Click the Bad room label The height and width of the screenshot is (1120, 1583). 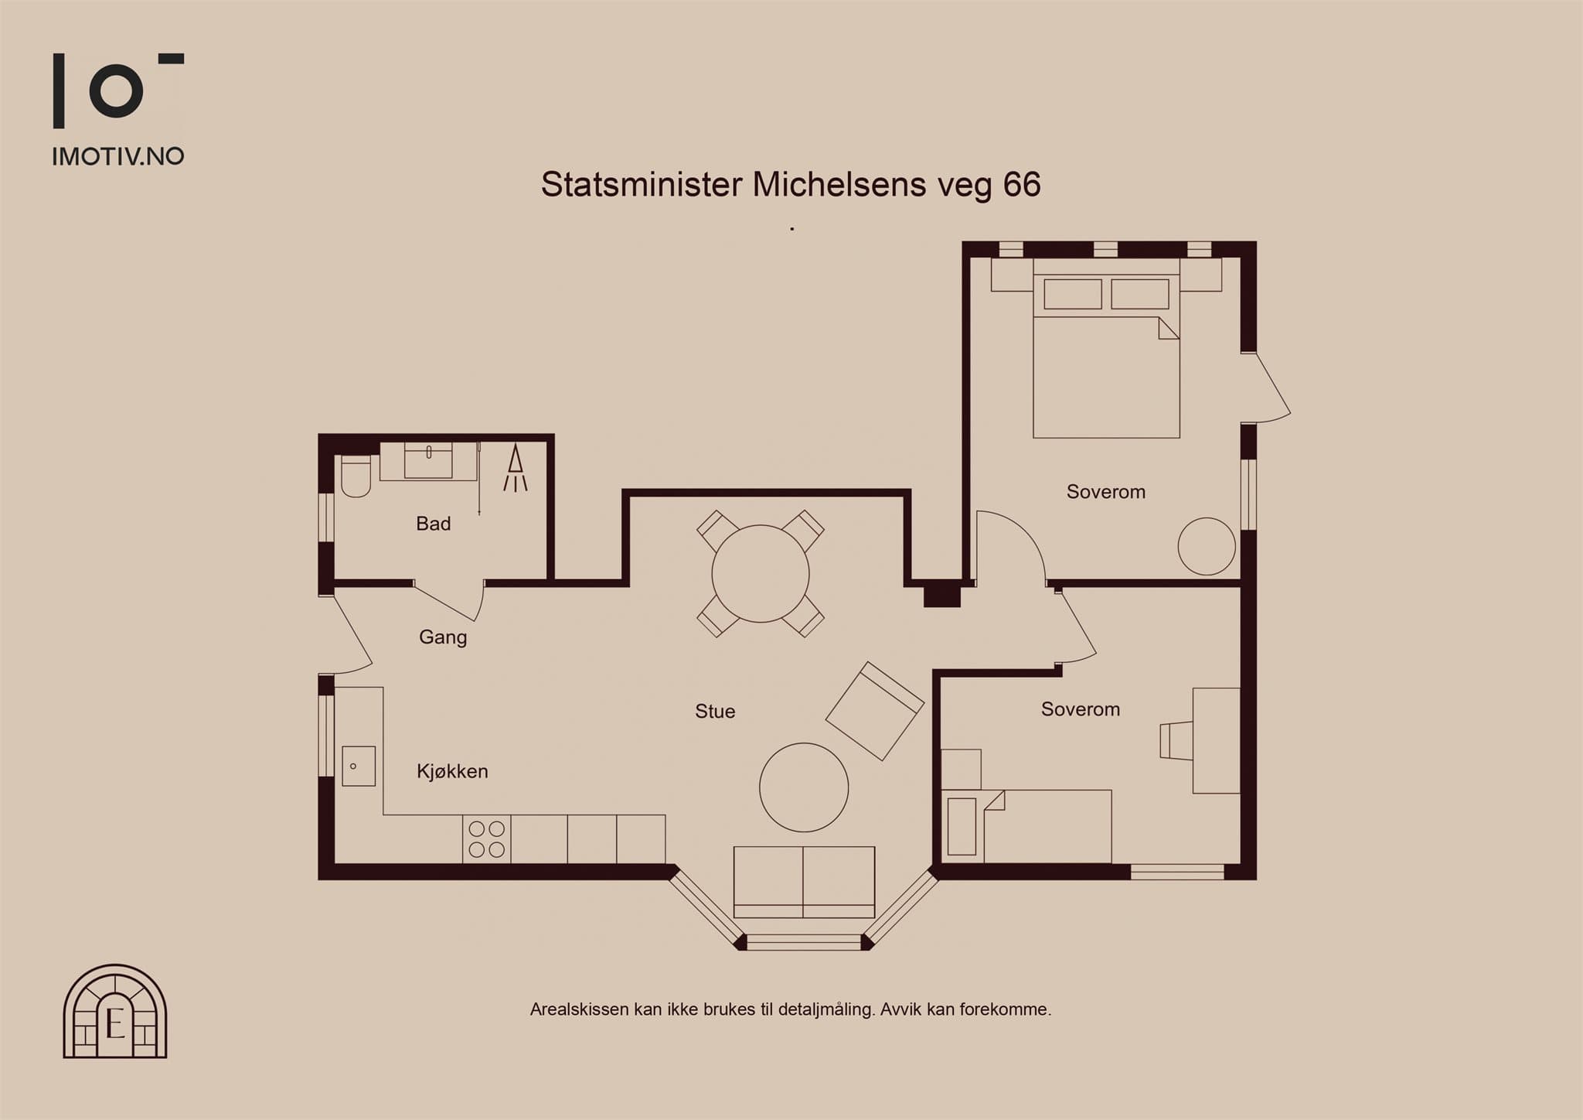pos(433,524)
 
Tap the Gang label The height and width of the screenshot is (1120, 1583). pos(443,637)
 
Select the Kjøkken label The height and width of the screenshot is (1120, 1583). pos(452,771)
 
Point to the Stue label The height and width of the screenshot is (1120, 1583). pos(715,712)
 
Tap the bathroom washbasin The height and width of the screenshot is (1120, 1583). pos(428,461)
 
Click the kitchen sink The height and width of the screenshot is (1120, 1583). pos(359,766)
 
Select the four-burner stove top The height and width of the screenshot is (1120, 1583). pos(487,839)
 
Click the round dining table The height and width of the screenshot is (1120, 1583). pos(761,574)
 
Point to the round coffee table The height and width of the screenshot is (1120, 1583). pos(804,787)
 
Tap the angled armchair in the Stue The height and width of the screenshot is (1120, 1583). pos(875,711)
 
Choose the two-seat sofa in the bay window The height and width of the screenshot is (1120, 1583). pos(804,882)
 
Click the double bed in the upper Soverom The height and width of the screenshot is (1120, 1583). pos(1106,348)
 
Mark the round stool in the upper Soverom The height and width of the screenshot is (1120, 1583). pos(1207,546)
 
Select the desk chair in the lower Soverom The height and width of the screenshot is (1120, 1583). pos(1176,741)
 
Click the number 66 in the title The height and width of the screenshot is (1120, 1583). pos(1022,185)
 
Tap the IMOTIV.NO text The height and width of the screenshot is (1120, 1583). pos(118,157)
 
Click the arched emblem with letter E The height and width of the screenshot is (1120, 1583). pos(115,1011)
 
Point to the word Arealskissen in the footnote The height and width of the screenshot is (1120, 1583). pos(579,1009)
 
